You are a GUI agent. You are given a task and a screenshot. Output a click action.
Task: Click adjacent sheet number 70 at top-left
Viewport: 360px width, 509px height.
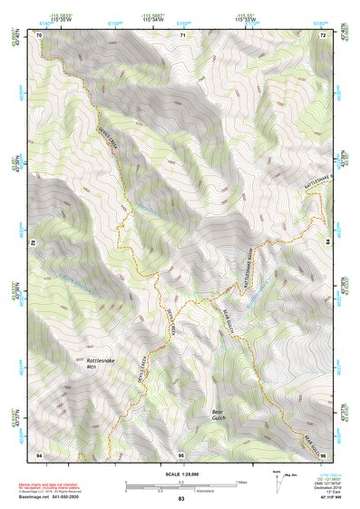39,34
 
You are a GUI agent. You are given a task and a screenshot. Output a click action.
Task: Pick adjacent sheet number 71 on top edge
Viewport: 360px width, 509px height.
181,34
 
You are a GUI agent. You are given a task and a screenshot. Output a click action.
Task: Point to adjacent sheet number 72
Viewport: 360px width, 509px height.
323,34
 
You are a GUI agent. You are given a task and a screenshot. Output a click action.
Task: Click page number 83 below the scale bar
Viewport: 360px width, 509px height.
181,499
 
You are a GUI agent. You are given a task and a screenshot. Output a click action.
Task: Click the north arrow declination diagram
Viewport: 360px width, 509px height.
277,476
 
